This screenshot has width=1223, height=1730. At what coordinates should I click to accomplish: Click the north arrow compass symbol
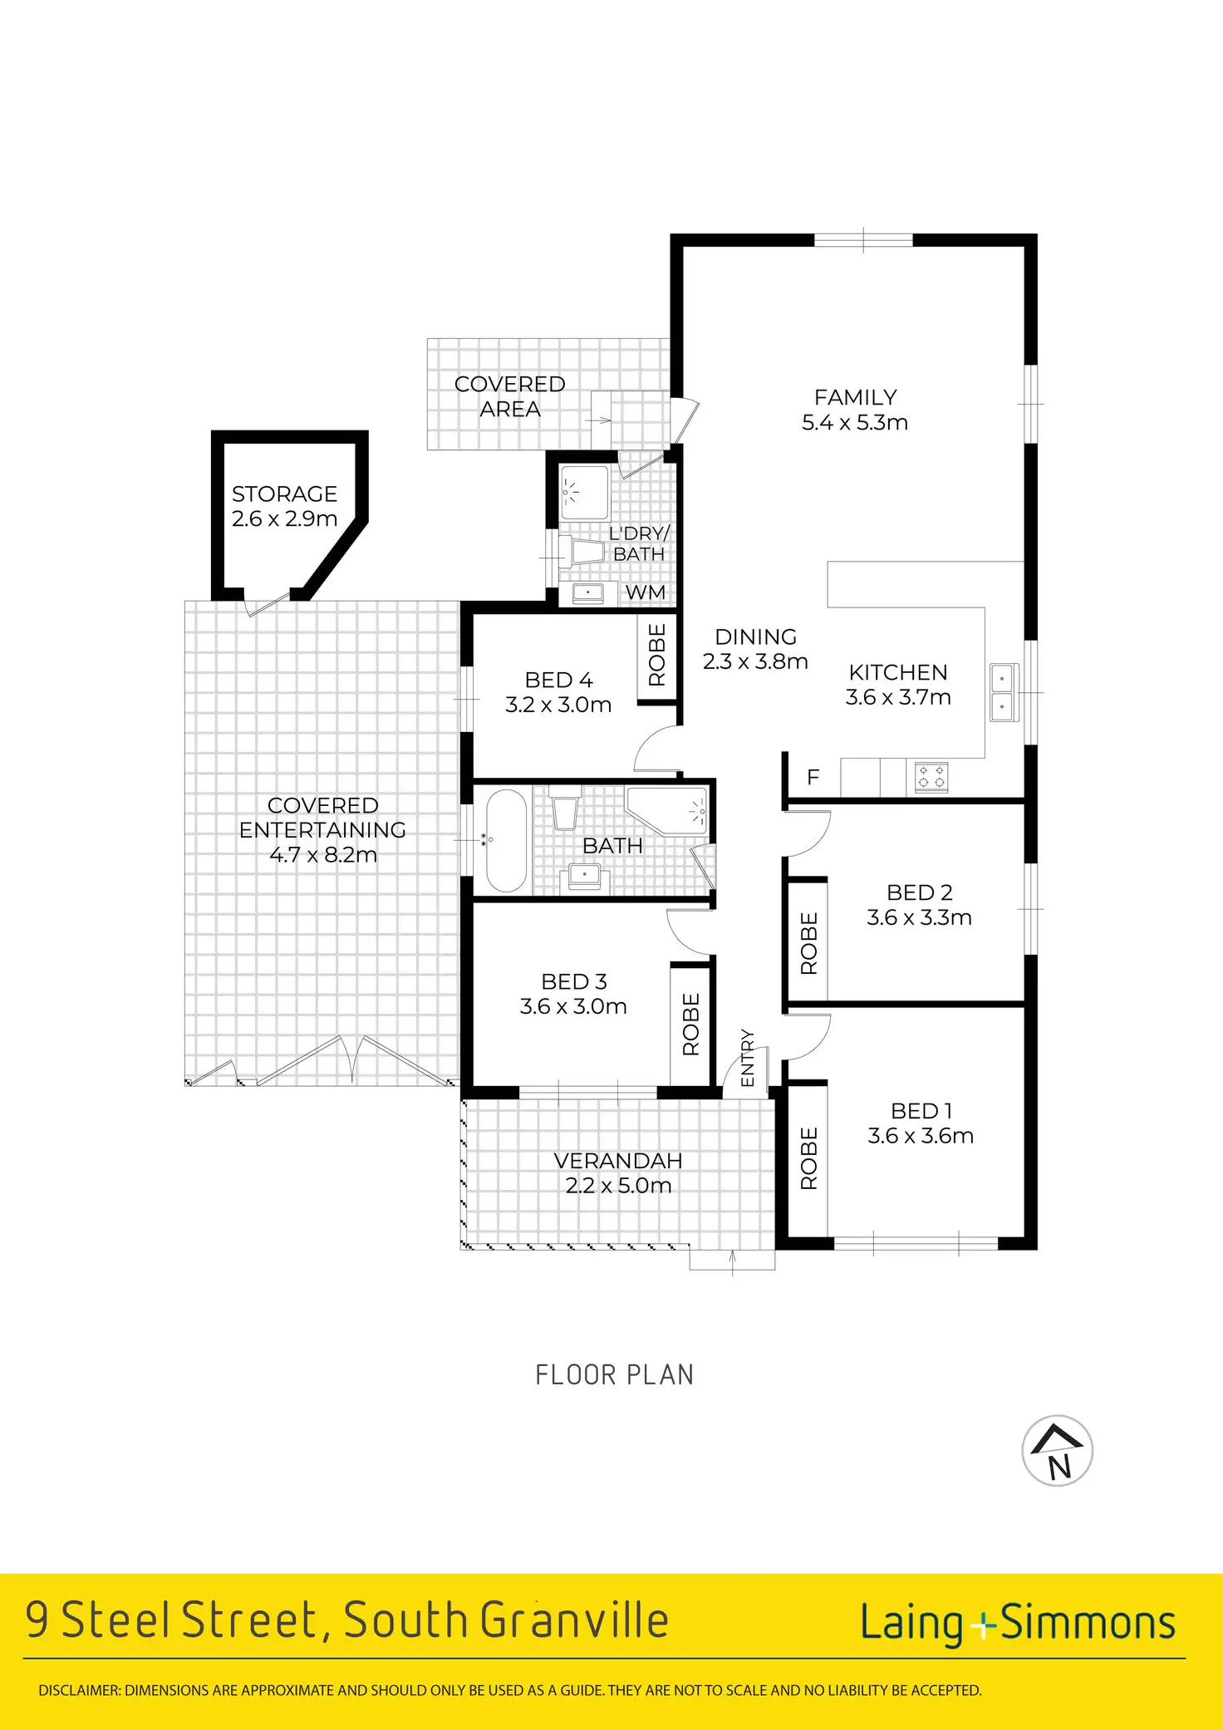click(x=1057, y=1451)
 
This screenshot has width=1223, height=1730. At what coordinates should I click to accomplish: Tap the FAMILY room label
click(x=855, y=397)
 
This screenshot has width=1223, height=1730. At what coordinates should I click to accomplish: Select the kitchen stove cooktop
click(x=931, y=778)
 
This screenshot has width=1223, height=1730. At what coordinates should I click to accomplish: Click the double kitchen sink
click(x=1003, y=692)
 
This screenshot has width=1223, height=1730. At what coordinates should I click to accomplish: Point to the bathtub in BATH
click(x=506, y=841)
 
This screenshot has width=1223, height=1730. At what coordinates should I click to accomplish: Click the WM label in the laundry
click(x=646, y=592)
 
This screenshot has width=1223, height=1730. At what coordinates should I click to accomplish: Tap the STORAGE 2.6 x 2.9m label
click(x=284, y=506)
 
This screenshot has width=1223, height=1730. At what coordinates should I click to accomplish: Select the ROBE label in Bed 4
click(x=657, y=655)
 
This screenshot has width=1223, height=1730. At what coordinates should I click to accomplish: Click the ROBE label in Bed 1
click(x=808, y=1158)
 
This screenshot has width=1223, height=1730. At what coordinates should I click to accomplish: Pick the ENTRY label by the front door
click(x=747, y=1058)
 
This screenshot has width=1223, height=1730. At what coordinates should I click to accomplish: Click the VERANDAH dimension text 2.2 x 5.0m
click(x=618, y=1186)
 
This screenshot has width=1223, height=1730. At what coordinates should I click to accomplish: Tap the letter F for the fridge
click(x=813, y=777)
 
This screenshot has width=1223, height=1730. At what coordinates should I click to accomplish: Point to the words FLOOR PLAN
click(x=614, y=1375)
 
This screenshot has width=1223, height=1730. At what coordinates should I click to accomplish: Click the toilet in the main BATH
click(x=565, y=808)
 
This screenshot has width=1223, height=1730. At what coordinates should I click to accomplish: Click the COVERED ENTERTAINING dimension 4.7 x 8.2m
click(x=323, y=854)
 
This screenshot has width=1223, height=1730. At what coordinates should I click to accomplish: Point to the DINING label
click(x=755, y=636)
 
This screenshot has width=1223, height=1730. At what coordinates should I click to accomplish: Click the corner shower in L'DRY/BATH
click(x=584, y=493)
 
